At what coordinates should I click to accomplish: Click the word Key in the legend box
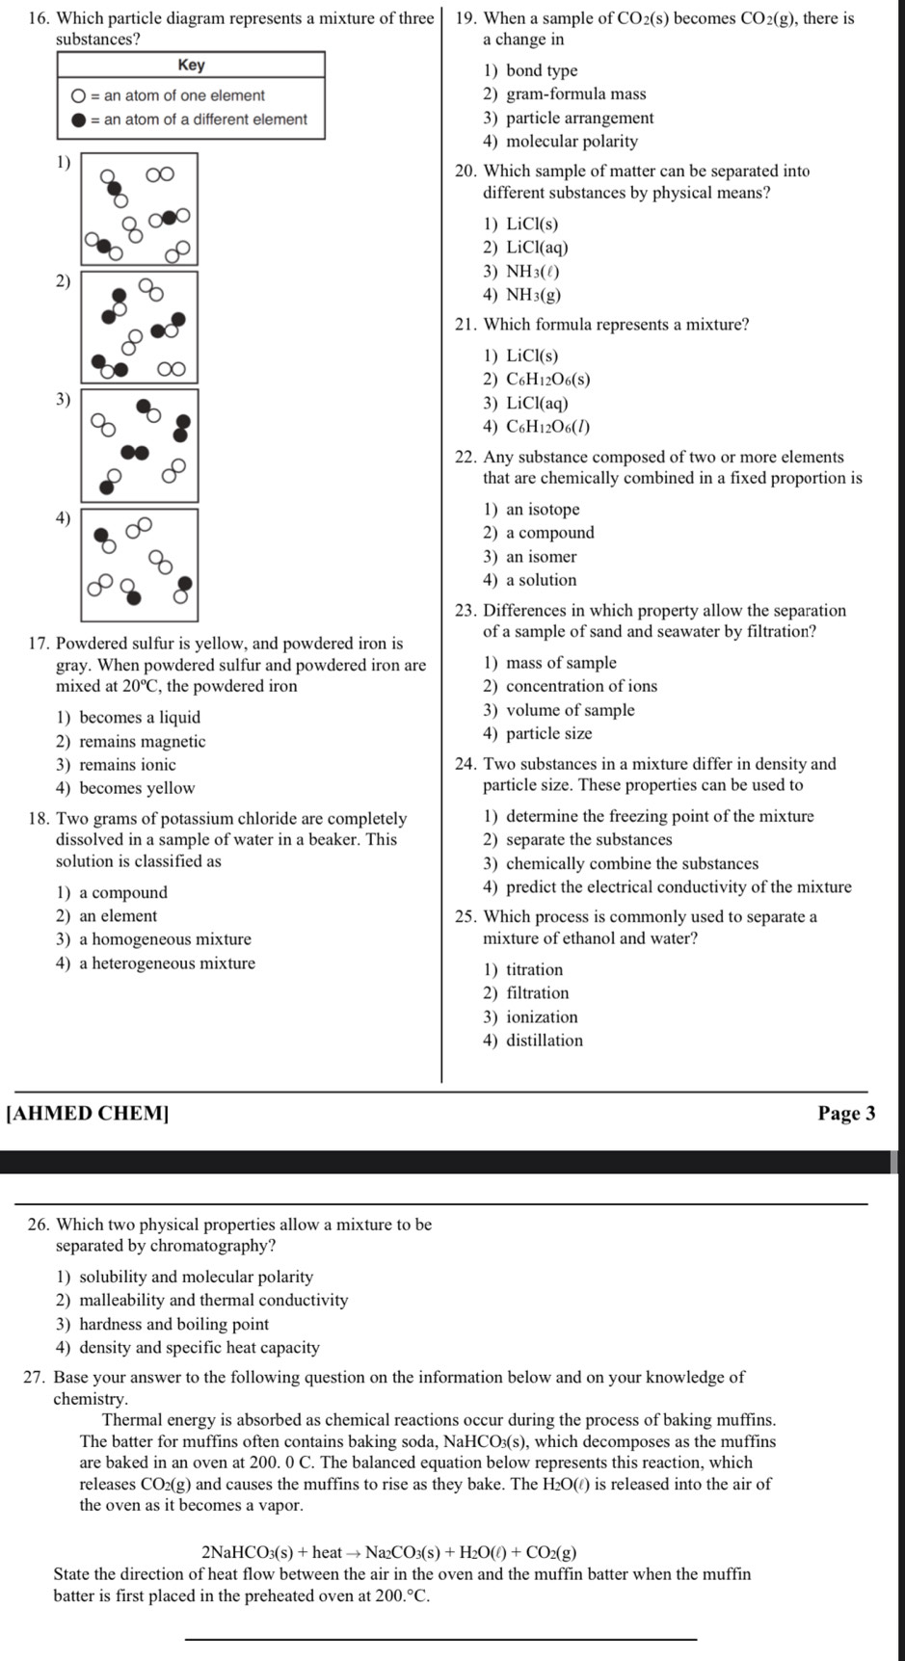pyautogui.click(x=191, y=66)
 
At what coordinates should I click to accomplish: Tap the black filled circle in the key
pyautogui.click(x=78, y=119)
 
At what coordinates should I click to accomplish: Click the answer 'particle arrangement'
pyautogui.click(x=579, y=118)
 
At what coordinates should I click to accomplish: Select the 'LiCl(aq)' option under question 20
pyautogui.click(x=537, y=248)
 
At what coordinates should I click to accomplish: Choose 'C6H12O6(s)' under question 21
pyautogui.click(x=547, y=380)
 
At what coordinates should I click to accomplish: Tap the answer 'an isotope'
pyautogui.click(x=543, y=510)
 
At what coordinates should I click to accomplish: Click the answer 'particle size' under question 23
pyautogui.click(x=548, y=733)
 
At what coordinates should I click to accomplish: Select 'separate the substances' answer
pyautogui.click(x=588, y=840)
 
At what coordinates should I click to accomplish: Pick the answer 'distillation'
pyautogui.click(x=544, y=1041)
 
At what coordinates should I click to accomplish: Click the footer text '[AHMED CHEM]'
pyautogui.click(x=87, y=1114)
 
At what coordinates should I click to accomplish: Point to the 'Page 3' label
pyautogui.click(x=846, y=1114)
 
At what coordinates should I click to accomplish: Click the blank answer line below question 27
pyautogui.click(x=439, y=1638)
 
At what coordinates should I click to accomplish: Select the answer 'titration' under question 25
pyautogui.click(x=534, y=969)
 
